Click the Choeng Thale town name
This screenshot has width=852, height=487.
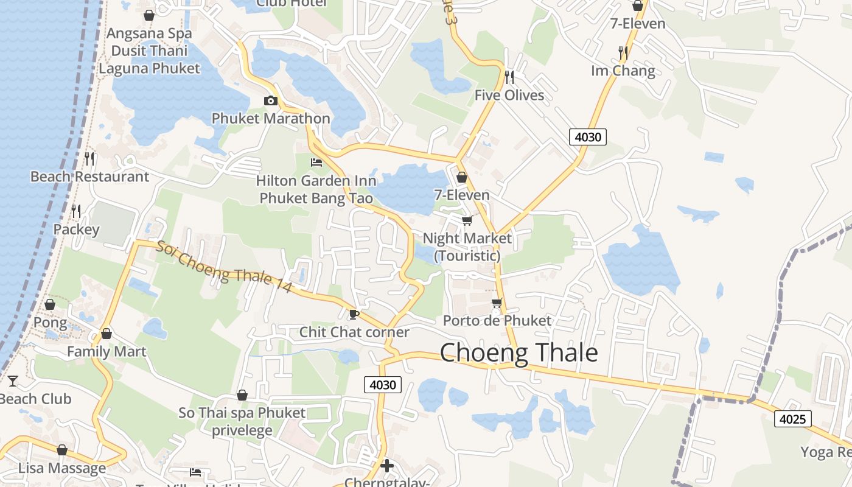(x=519, y=353)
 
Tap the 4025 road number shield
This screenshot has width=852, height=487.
(x=792, y=419)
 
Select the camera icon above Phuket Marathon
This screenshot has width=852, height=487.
(x=271, y=100)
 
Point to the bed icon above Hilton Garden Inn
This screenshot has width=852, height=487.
(x=316, y=162)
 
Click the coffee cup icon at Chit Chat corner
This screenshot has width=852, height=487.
(x=353, y=314)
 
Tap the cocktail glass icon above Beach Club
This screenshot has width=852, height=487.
(x=12, y=381)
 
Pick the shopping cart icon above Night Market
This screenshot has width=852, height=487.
(x=467, y=220)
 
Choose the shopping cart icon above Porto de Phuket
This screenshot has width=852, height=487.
(x=497, y=303)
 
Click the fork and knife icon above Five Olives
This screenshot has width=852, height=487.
(x=509, y=77)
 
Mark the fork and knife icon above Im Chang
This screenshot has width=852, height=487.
(x=623, y=53)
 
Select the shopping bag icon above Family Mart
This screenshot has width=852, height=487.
(x=106, y=334)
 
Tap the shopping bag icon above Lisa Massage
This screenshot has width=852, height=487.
(x=61, y=450)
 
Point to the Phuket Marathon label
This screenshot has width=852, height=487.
(x=271, y=118)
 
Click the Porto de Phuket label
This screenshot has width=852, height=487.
(x=497, y=321)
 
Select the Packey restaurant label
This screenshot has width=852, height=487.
(x=76, y=229)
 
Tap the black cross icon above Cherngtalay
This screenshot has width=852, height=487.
(x=387, y=466)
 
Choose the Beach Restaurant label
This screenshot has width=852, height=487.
(x=89, y=177)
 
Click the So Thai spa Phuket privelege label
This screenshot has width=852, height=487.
(x=242, y=421)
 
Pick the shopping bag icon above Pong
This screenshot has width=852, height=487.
(x=50, y=304)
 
